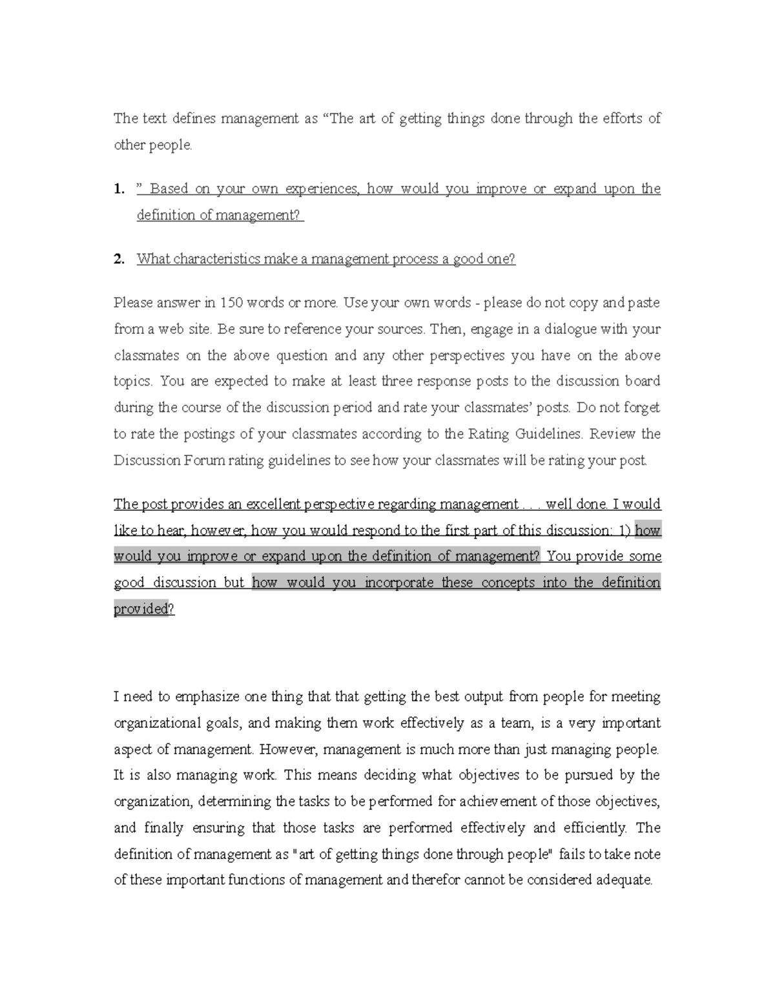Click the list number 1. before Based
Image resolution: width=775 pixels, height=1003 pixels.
tap(118, 189)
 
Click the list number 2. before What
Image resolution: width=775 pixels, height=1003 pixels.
tap(118, 260)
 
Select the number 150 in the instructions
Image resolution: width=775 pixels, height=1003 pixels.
tap(231, 303)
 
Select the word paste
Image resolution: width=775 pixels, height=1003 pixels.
tap(644, 303)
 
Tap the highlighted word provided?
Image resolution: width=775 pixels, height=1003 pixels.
tap(143, 609)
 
